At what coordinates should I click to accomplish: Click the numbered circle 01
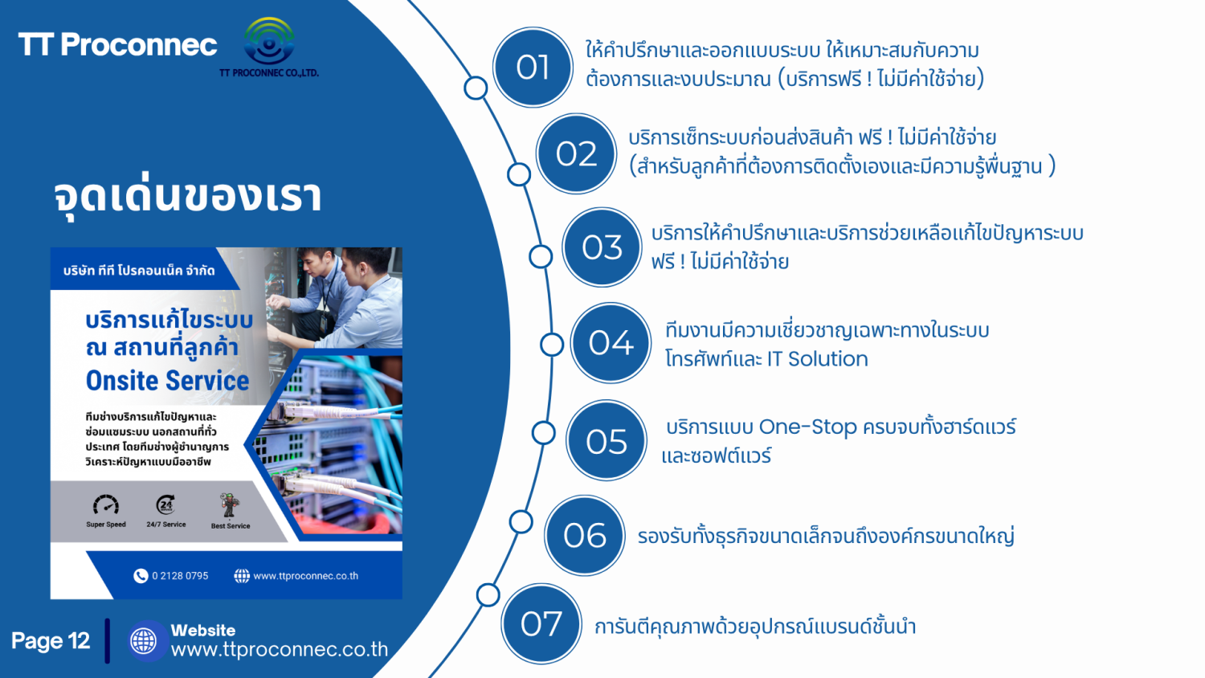(x=533, y=67)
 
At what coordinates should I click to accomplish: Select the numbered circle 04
(x=611, y=343)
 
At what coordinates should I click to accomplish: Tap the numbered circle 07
(x=541, y=624)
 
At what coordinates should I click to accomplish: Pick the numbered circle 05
(x=607, y=441)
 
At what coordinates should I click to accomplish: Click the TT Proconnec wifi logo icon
(x=268, y=41)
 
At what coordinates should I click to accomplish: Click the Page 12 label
(x=51, y=641)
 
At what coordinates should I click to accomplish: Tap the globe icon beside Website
(x=144, y=641)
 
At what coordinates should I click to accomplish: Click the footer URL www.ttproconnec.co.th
(x=280, y=649)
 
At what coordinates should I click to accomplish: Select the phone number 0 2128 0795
(x=180, y=576)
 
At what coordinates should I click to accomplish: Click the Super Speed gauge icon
(x=106, y=504)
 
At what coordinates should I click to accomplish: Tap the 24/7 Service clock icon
(x=165, y=504)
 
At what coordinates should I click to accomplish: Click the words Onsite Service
(x=167, y=381)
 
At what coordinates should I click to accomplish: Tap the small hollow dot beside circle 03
(x=541, y=257)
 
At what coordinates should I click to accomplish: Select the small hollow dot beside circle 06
(x=521, y=522)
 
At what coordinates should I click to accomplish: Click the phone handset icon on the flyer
(x=141, y=576)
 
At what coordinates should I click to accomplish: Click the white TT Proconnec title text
(x=118, y=45)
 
